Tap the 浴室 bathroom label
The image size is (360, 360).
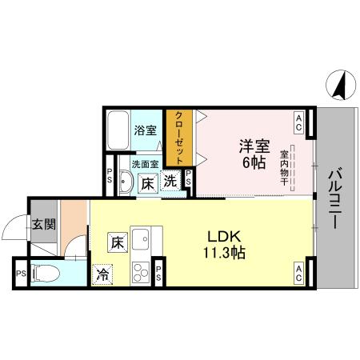pos(144,130)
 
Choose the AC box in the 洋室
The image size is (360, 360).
pos(298,122)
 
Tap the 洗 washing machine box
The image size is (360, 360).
pos(170,181)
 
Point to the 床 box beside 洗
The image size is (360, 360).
pos(150,183)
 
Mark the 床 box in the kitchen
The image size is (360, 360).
pos(117,240)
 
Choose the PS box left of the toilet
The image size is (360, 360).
pos(20,274)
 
